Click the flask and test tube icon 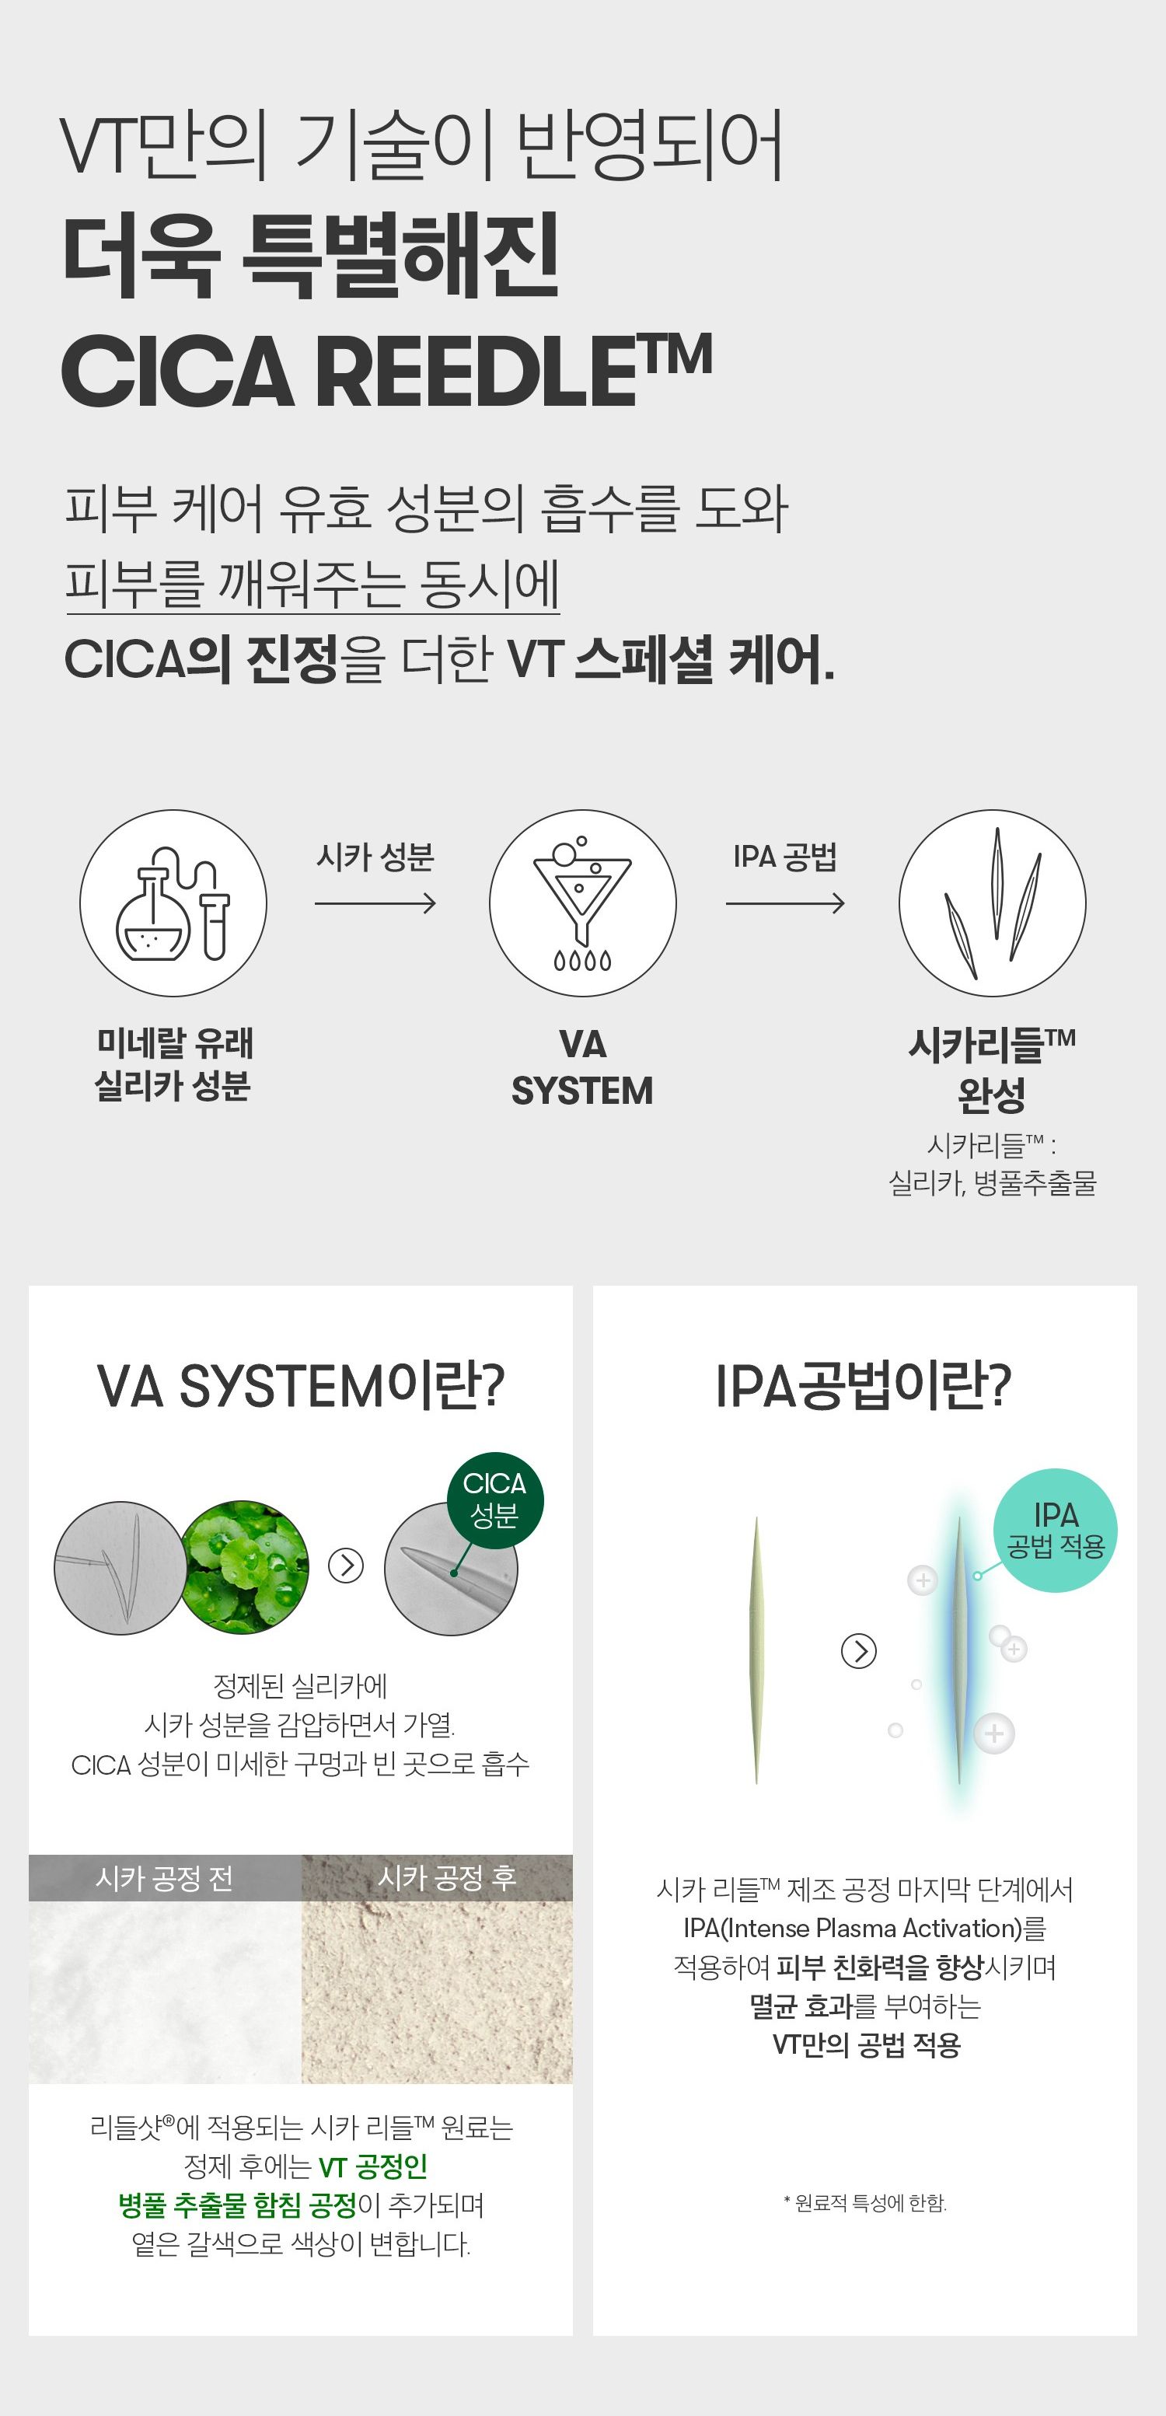pos(173,903)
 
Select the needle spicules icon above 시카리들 pos(993,903)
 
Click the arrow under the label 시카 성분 pos(375,904)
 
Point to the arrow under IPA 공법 pos(785,904)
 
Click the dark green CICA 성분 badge pos(494,1499)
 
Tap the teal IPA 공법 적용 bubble pos(1056,1530)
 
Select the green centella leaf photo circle pos(245,1566)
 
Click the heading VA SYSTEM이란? pos(301,1387)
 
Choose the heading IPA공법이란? pos(864,1387)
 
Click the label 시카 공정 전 pos(165,1877)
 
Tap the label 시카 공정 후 pos(446,1877)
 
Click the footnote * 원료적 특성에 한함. pos(865,2203)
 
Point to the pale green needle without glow pos(756,1650)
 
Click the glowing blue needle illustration pos(958,1650)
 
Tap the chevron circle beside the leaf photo pos(346,1566)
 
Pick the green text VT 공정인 pos(373,2166)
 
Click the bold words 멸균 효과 pos(801,2006)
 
